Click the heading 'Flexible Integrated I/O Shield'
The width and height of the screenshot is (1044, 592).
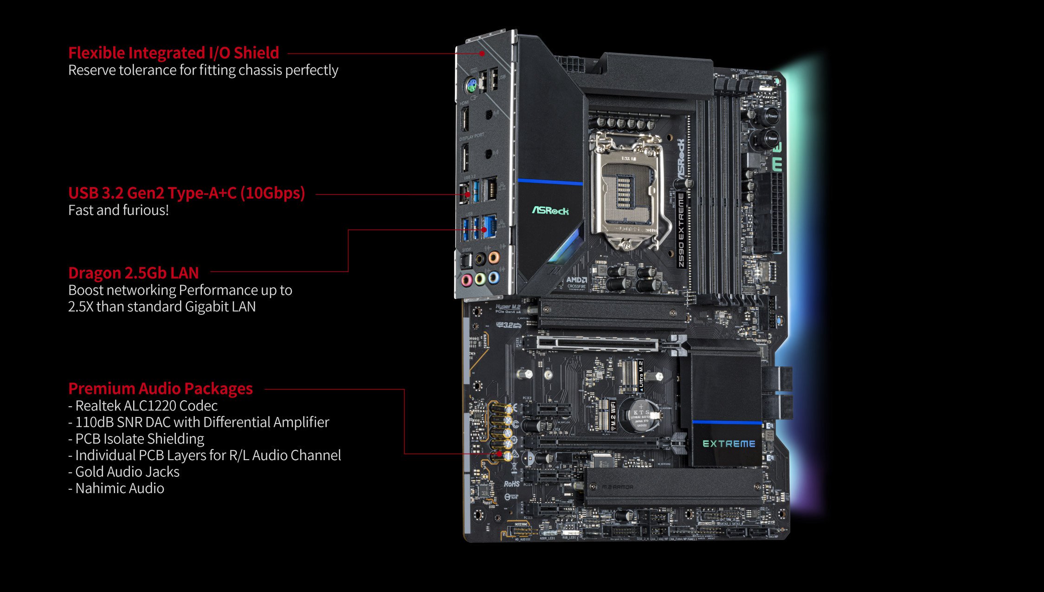click(x=174, y=53)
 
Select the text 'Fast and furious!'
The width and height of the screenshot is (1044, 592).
click(x=118, y=210)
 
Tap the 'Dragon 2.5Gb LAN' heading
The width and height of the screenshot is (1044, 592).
click(x=134, y=273)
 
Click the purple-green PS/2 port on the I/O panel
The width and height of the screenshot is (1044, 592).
click(x=471, y=85)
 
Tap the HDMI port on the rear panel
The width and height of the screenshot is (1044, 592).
click(x=464, y=119)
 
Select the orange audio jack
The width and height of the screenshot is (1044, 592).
click(x=494, y=257)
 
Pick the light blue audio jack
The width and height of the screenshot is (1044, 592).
click(x=494, y=278)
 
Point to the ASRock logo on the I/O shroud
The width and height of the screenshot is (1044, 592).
click(x=550, y=211)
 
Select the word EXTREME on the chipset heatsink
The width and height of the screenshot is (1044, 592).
click(x=728, y=444)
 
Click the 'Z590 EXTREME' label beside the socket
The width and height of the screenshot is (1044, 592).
click(x=681, y=230)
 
